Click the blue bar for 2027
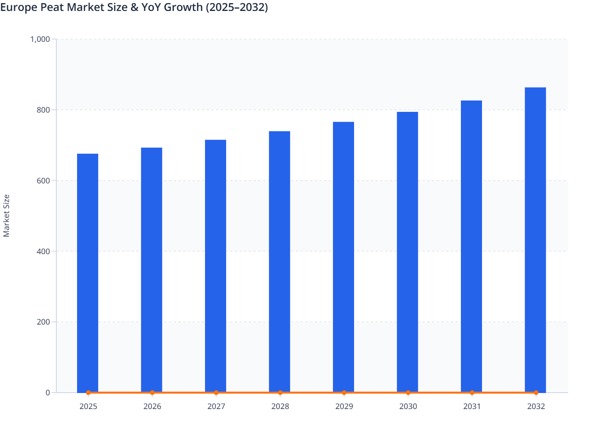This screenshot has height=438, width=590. point(216,266)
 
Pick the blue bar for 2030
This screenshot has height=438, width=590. point(407,252)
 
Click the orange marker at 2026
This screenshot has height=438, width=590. point(152,393)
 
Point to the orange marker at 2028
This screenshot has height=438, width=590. point(280,393)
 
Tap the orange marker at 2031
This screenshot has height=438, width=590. point(472,393)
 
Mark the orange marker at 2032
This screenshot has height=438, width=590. point(536,393)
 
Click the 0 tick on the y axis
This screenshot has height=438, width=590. point(48,393)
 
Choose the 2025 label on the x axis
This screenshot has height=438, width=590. point(88,406)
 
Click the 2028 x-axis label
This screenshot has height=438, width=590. point(280,406)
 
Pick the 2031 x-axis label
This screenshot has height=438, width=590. point(472,406)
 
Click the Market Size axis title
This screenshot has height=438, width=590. point(6,216)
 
